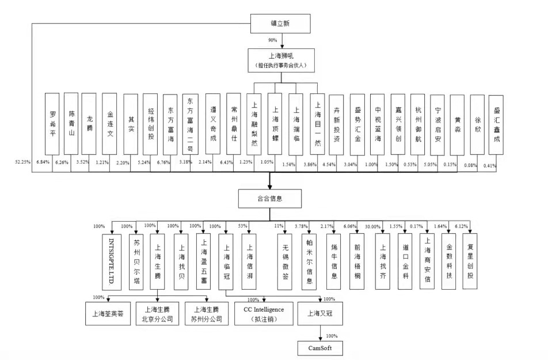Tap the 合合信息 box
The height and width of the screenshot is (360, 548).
[269, 199]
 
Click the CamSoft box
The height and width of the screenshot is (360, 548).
[315, 348]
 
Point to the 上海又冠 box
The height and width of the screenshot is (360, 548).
[319, 313]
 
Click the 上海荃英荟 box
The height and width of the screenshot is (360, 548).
[108, 314]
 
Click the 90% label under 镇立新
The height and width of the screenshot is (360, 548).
[273, 40]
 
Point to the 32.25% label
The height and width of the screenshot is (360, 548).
[23, 164]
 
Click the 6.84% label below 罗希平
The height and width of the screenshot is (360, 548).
[44, 164]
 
